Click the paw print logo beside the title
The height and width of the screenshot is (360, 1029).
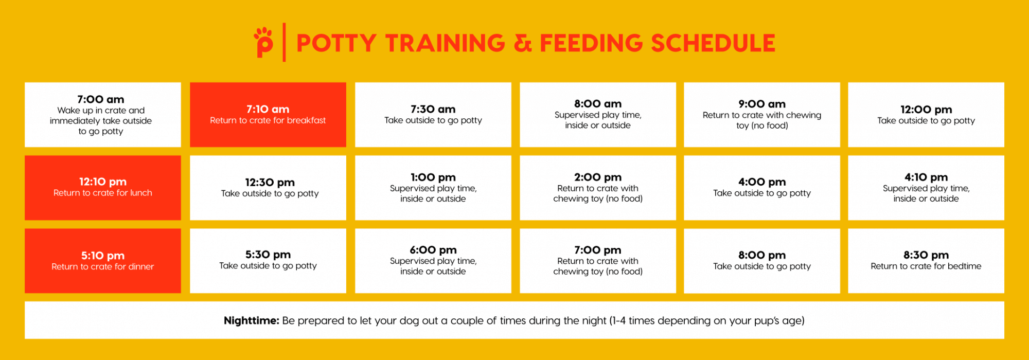click(263, 42)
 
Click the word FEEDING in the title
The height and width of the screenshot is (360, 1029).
click(591, 43)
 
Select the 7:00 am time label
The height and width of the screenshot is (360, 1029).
click(101, 99)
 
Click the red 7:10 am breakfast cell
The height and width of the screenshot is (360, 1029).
click(268, 115)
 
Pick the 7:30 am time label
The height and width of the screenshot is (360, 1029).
click(433, 109)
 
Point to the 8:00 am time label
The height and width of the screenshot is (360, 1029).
click(598, 104)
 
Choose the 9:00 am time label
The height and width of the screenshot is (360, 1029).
click(762, 104)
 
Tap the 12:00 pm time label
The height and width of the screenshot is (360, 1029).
click(926, 110)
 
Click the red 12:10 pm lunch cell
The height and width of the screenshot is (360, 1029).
click(103, 188)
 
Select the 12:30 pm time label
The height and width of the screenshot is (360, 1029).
click(270, 183)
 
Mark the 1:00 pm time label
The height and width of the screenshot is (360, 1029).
click(433, 177)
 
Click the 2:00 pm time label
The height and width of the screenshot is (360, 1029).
click(598, 177)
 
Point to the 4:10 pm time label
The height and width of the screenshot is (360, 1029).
click(926, 177)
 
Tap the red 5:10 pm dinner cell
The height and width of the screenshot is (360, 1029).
click(103, 261)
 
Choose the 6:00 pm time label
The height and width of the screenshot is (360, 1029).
click(433, 250)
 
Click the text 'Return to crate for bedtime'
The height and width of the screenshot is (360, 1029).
click(926, 266)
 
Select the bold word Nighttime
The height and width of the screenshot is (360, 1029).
click(252, 320)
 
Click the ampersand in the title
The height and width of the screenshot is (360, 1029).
click(523, 43)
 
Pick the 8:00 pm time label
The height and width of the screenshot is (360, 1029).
click(762, 255)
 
